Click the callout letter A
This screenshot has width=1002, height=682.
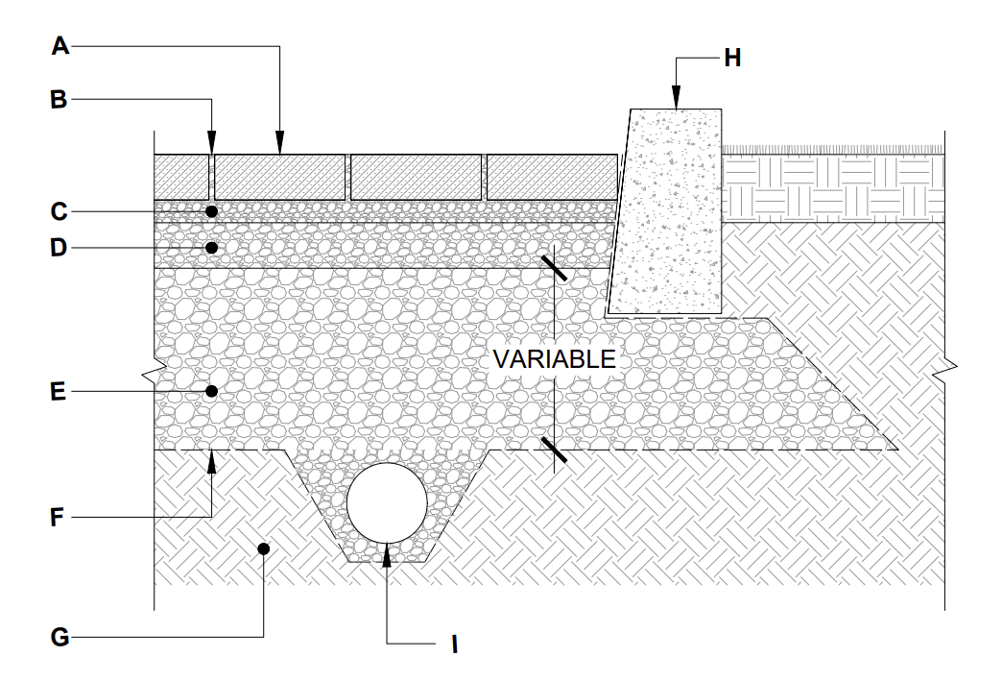click(60, 46)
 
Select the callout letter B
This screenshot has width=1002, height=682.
click(60, 99)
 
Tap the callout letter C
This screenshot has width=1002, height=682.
click(60, 210)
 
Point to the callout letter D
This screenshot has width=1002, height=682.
click(60, 248)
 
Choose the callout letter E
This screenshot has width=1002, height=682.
click(60, 392)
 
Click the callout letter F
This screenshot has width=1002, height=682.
click(60, 519)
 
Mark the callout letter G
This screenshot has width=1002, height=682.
click(60, 637)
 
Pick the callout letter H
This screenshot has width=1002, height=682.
click(732, 59)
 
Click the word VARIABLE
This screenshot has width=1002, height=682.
click(554, 359)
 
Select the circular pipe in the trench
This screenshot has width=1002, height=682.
click(387, 503)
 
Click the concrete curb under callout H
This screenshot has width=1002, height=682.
click(667, 211)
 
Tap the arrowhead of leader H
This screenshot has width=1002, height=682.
click(676, 100)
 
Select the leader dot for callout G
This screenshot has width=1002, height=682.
click(264, 548)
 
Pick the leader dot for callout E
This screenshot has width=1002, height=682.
click(212, 392)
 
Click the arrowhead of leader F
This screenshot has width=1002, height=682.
click(212, 460)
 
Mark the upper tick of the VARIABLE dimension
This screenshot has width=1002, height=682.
click(554, 264)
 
